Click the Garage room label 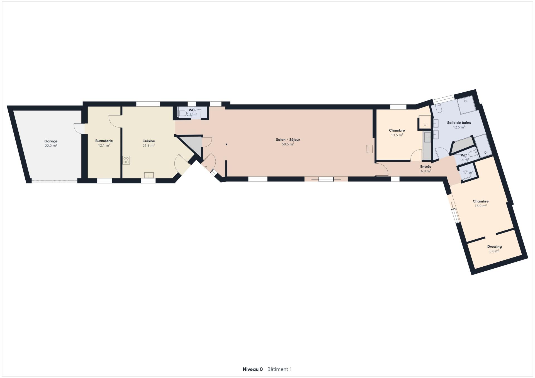tap(51, 141)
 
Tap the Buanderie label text tap(104, 141)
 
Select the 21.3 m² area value tap(149, 145)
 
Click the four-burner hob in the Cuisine tap(126, 160)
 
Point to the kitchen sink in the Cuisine tap(149, 175)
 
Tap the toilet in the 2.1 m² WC tap(183, 113)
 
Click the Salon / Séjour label tap(288, 140)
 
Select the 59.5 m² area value tap(288, 144)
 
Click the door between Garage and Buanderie tap(79, 128)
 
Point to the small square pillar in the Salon tap(227, 144)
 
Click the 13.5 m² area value tap(397, 135)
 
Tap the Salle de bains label tap(459, 122)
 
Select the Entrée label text tap(426, 166)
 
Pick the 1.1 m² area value tap(468, 172)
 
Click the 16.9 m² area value tap(481, 206)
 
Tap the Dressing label tap(494, 246)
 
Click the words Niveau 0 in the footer tap(253, 369)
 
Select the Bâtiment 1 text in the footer tap(279, 369)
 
